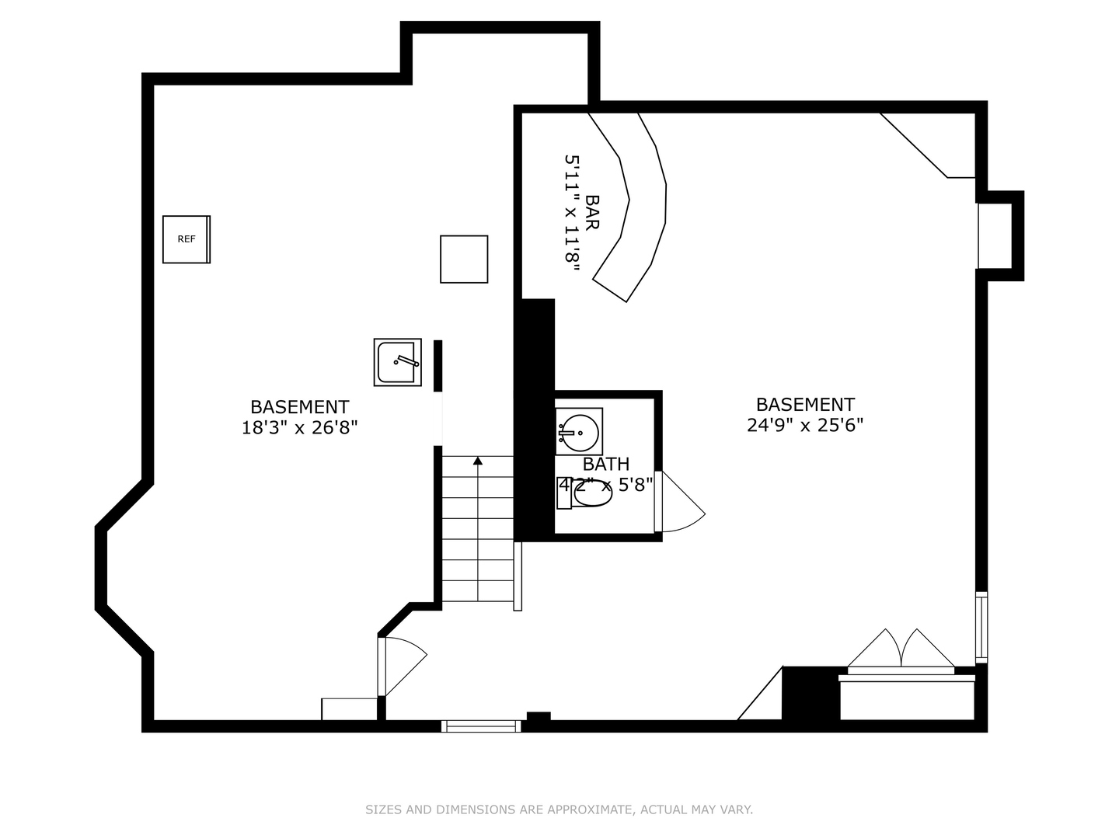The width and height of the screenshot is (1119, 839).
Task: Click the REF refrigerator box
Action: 186,239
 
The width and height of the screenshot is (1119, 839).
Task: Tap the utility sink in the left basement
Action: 397,362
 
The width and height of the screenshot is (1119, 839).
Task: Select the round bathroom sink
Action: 579,431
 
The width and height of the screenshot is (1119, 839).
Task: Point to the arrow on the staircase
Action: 478,461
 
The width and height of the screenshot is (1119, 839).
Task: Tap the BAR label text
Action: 592,212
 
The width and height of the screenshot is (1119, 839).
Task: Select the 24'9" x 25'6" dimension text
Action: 805,425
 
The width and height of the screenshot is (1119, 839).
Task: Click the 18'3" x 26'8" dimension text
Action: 299,427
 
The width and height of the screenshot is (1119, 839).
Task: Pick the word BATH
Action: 606,465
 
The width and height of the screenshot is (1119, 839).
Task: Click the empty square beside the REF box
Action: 464,259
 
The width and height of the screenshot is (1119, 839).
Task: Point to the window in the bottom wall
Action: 481,726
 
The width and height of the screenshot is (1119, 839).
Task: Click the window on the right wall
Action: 981,627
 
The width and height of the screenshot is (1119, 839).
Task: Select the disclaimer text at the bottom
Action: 559,809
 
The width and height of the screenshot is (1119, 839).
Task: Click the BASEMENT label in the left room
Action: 299,407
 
